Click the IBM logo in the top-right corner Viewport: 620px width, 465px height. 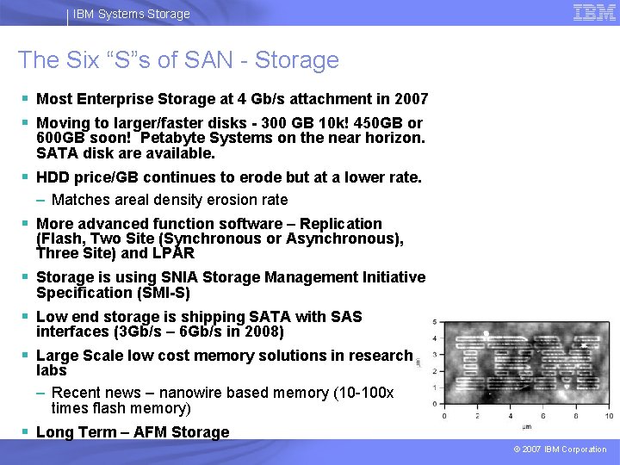[x=594, y=12]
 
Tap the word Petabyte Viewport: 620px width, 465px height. [x=177, y=138]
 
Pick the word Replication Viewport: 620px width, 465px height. [x=340, y=224]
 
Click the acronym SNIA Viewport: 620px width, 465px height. [x=182, y=277]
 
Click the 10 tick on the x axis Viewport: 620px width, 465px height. [x=609, y=416]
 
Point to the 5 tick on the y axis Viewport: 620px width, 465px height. [x=434, y=322]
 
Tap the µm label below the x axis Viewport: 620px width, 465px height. [x=525, y=427]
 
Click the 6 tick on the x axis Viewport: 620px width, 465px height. [x=544, y=416]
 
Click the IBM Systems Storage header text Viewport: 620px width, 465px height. [x=131, y=14]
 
